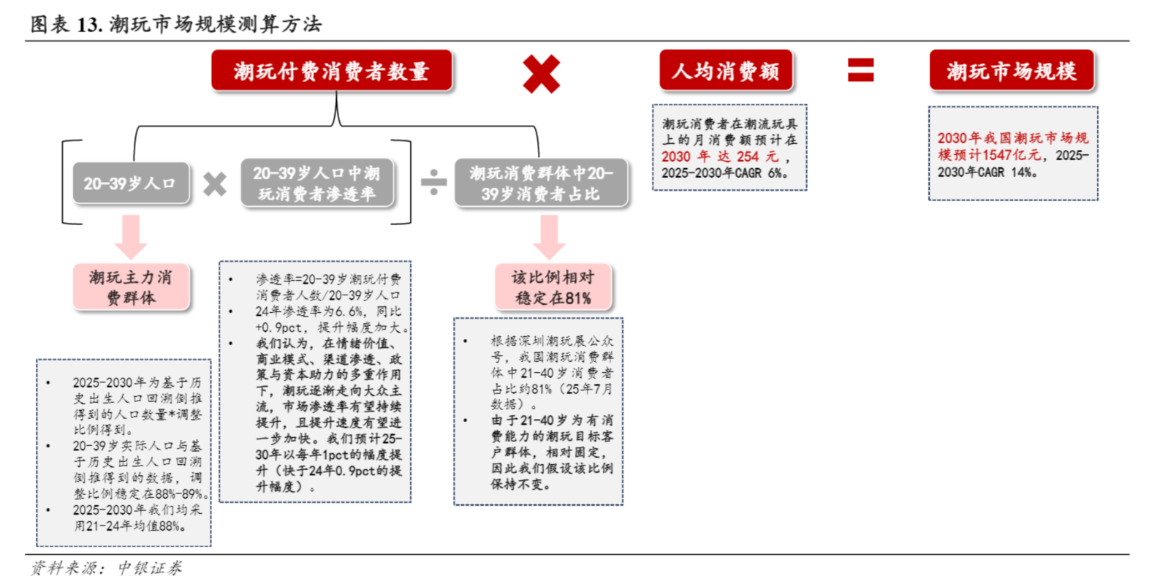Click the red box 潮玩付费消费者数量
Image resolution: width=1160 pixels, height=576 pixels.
tap(331, 70)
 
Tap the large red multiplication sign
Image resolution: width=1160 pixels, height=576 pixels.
tap(541, 74)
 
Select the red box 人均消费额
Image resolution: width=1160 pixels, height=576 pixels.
tap(726, 70)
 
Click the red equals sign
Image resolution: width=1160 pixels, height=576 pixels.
tap(860, 70)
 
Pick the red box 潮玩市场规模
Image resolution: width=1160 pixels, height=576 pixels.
tap(1012, 70)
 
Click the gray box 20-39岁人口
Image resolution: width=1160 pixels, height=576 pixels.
tap(131, 183)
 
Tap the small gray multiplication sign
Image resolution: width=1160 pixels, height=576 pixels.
tap(215, 184)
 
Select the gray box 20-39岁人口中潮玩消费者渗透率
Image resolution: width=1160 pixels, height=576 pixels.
tap(317, 183)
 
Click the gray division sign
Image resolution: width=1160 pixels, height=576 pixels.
tap(433, 182)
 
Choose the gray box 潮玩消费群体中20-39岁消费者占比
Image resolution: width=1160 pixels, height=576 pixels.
tap(541, 183)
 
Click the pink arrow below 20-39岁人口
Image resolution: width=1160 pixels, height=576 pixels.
tap(131, 238)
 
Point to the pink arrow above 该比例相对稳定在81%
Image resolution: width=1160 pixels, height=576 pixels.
tap(550, 238)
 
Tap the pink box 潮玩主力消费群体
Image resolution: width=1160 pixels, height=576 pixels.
tap(131, 287)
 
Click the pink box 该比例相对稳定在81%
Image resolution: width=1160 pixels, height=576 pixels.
tap(553, 287)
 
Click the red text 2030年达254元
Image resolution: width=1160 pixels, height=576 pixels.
tap(720, 156)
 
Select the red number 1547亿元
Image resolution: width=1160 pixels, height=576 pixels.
tap(1012, 155)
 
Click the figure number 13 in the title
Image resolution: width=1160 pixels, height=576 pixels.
tap(88, 24)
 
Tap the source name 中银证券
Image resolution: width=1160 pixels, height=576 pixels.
tap(150, 567)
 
